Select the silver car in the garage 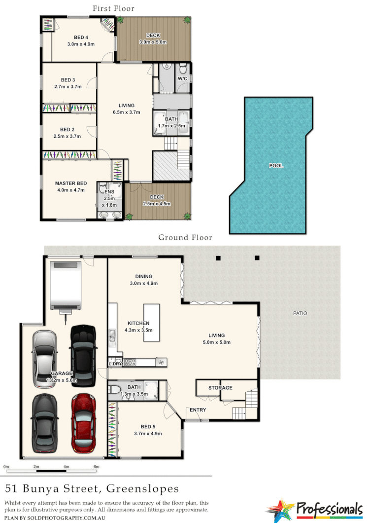[x=44, y=359]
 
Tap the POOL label [x=276, y=166]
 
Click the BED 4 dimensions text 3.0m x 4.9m [x=81, y=44]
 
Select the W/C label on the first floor [x=182, y=78]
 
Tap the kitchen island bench [x=152, y=323]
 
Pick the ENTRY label [x=198, y=410]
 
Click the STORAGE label [x=220, y=388]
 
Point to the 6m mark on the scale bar [x=97, y=466]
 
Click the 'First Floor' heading [x=114, y=8]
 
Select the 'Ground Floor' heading [x=185, y=237]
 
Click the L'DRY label [x=115, y=365]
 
